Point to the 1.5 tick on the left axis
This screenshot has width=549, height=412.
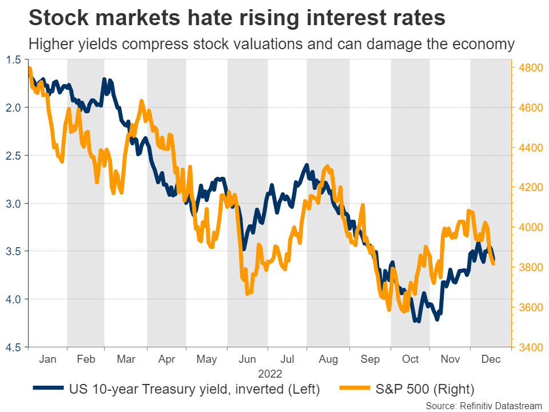pos(14,60)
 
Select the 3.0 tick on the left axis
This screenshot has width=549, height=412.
pos(14,203)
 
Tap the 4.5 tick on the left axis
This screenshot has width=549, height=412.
pos(14,347)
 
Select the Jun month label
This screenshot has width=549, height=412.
pos(247,359)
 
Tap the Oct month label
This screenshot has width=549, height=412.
pos(410,359)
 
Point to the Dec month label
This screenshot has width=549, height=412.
pos(490,359)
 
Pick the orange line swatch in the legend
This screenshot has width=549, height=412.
pos(353,390)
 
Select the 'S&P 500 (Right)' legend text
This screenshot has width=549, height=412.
pos(424,390)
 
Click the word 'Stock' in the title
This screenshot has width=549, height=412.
pos(57,18)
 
